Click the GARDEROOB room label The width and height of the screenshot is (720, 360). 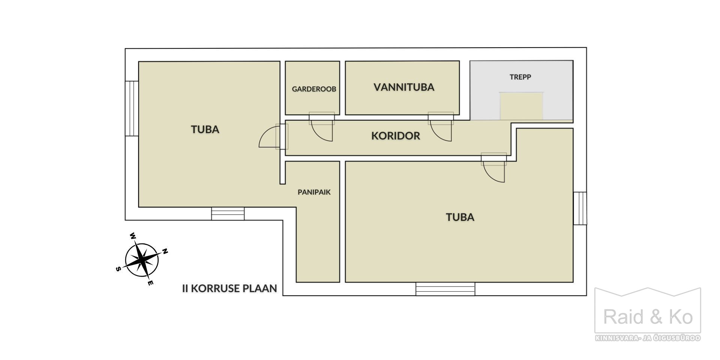pyautogui.click(x=314, y=89)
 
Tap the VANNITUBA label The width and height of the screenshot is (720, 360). pyautogui.click(x=404, y=87)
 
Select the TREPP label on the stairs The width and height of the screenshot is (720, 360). pyautogui.click(x=520, y=77)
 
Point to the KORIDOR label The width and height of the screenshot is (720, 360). pyautogui.click(x=396, y=136)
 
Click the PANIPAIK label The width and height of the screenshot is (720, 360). pyautogui.click(x=314, y=192)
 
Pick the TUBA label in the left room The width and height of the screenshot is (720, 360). pyautogui.click(x=205, y=129)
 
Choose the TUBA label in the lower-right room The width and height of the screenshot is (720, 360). pyautogui.click(x=460, y=217)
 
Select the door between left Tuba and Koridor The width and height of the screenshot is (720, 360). pyautogui.click(x=273, y=136)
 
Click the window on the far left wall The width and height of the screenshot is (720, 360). pyautogui.click(x=132, y=109)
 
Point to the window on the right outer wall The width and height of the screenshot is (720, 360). pyautogui.click(x=580, y=208)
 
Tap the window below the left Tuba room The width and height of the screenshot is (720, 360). pyautogui.click(x=228, y=214)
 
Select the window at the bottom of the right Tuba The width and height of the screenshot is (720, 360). pyautogui.click(x=445, y=289)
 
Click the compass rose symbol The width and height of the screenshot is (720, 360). pyautogui.click(x=142, y=259)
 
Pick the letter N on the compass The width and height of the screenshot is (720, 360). pyautogui.click(x=165, y=252)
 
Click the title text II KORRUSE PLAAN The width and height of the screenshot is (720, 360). pyautogui.click(x=229, y=288)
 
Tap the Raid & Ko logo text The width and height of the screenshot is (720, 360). pyautogui.click(x=648, y=317)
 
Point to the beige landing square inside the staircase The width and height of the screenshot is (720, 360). pyautogui.click(x=521, y=106)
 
